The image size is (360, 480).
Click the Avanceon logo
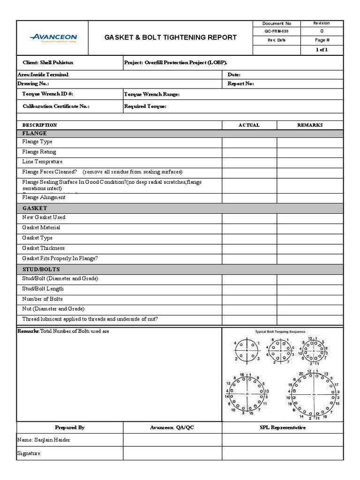[52, 38]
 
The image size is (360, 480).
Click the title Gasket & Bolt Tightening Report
[170, 37]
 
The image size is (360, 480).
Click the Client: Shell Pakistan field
[48, 62]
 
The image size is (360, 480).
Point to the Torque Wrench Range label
[151, 94]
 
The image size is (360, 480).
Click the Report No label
[240, 83]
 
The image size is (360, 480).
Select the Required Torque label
[145, 106]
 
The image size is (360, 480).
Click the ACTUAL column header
[249, 125]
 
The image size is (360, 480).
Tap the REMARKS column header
[310, 125]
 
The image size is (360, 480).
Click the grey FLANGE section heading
[35, 134]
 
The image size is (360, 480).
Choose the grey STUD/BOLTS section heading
[41, 270]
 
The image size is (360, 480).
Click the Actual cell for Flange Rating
[249, 152]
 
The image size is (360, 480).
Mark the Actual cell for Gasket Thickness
[249, 248]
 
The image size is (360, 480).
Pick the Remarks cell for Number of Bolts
[310, 299]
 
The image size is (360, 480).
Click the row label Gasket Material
[41, 228]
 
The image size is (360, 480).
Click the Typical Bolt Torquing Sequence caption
[280, 332]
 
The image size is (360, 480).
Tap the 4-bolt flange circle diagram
[247, 350]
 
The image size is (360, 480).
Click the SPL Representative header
[282, 427]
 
